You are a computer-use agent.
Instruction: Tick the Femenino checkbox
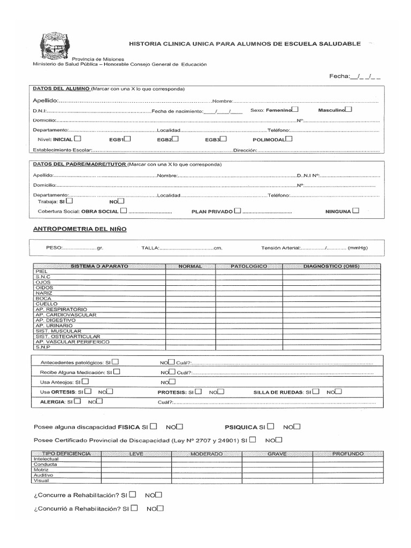[295, 110]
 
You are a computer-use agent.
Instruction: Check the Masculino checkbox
[349, 110]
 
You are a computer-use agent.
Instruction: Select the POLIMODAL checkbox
[289, 138]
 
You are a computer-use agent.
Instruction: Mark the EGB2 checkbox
[176, 138]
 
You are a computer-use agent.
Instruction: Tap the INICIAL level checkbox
[78, 138]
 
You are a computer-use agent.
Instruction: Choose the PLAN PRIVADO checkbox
[237, 211]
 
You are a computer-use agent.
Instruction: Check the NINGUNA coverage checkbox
[356, 211]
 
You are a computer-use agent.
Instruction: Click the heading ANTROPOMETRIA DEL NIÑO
[80, 229]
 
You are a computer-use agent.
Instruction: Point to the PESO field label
[55, 248]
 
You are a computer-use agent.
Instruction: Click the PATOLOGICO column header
[249, 266]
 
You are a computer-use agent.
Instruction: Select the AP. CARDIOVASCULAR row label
[66, 315]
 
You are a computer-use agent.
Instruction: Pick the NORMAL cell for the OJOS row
[191, 283]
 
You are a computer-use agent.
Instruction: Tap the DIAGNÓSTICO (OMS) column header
[331, 266]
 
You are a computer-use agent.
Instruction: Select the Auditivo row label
[43, 475]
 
